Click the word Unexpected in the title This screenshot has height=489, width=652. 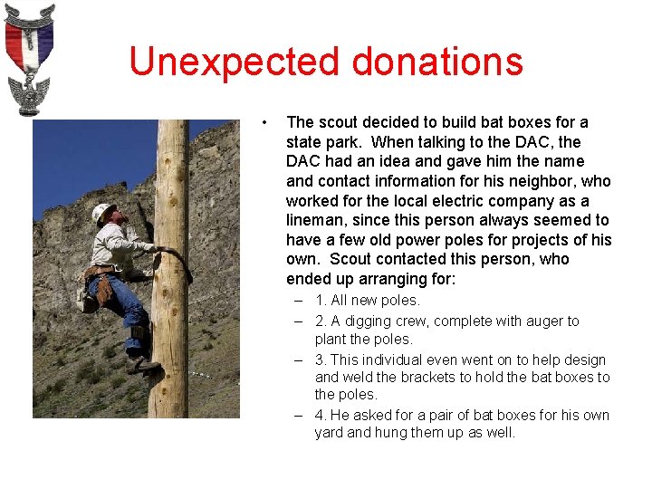[235, 62]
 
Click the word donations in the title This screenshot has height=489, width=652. [437, 62]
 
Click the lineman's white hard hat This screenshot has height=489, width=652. [101, 211]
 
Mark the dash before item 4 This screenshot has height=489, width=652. [298, 415]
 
